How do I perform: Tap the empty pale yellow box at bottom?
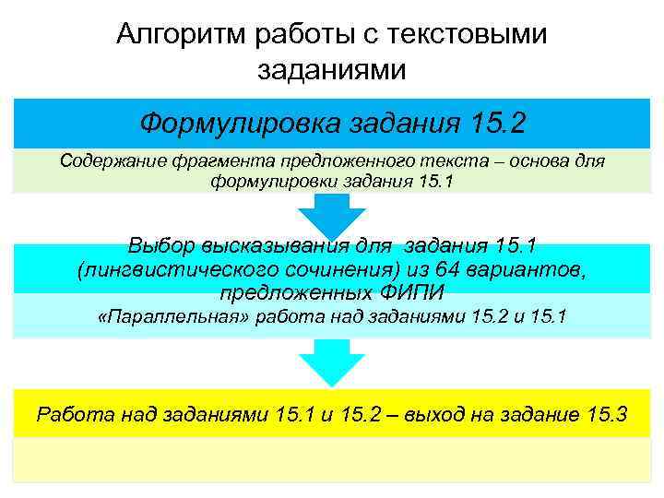(331, 459)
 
